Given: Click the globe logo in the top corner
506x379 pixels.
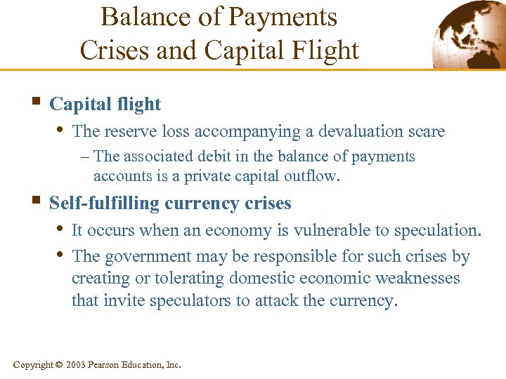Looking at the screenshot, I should (467, 35).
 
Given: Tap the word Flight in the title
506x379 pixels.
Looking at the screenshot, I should (324, 50).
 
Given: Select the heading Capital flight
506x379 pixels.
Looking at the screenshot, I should (105, 105).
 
